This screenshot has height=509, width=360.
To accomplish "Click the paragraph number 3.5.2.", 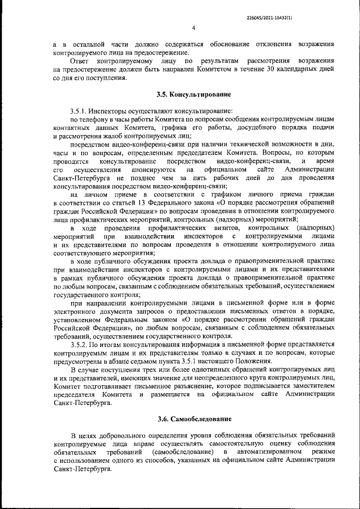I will pos(80,343).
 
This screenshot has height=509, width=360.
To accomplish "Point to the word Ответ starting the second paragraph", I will pos(80,60).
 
